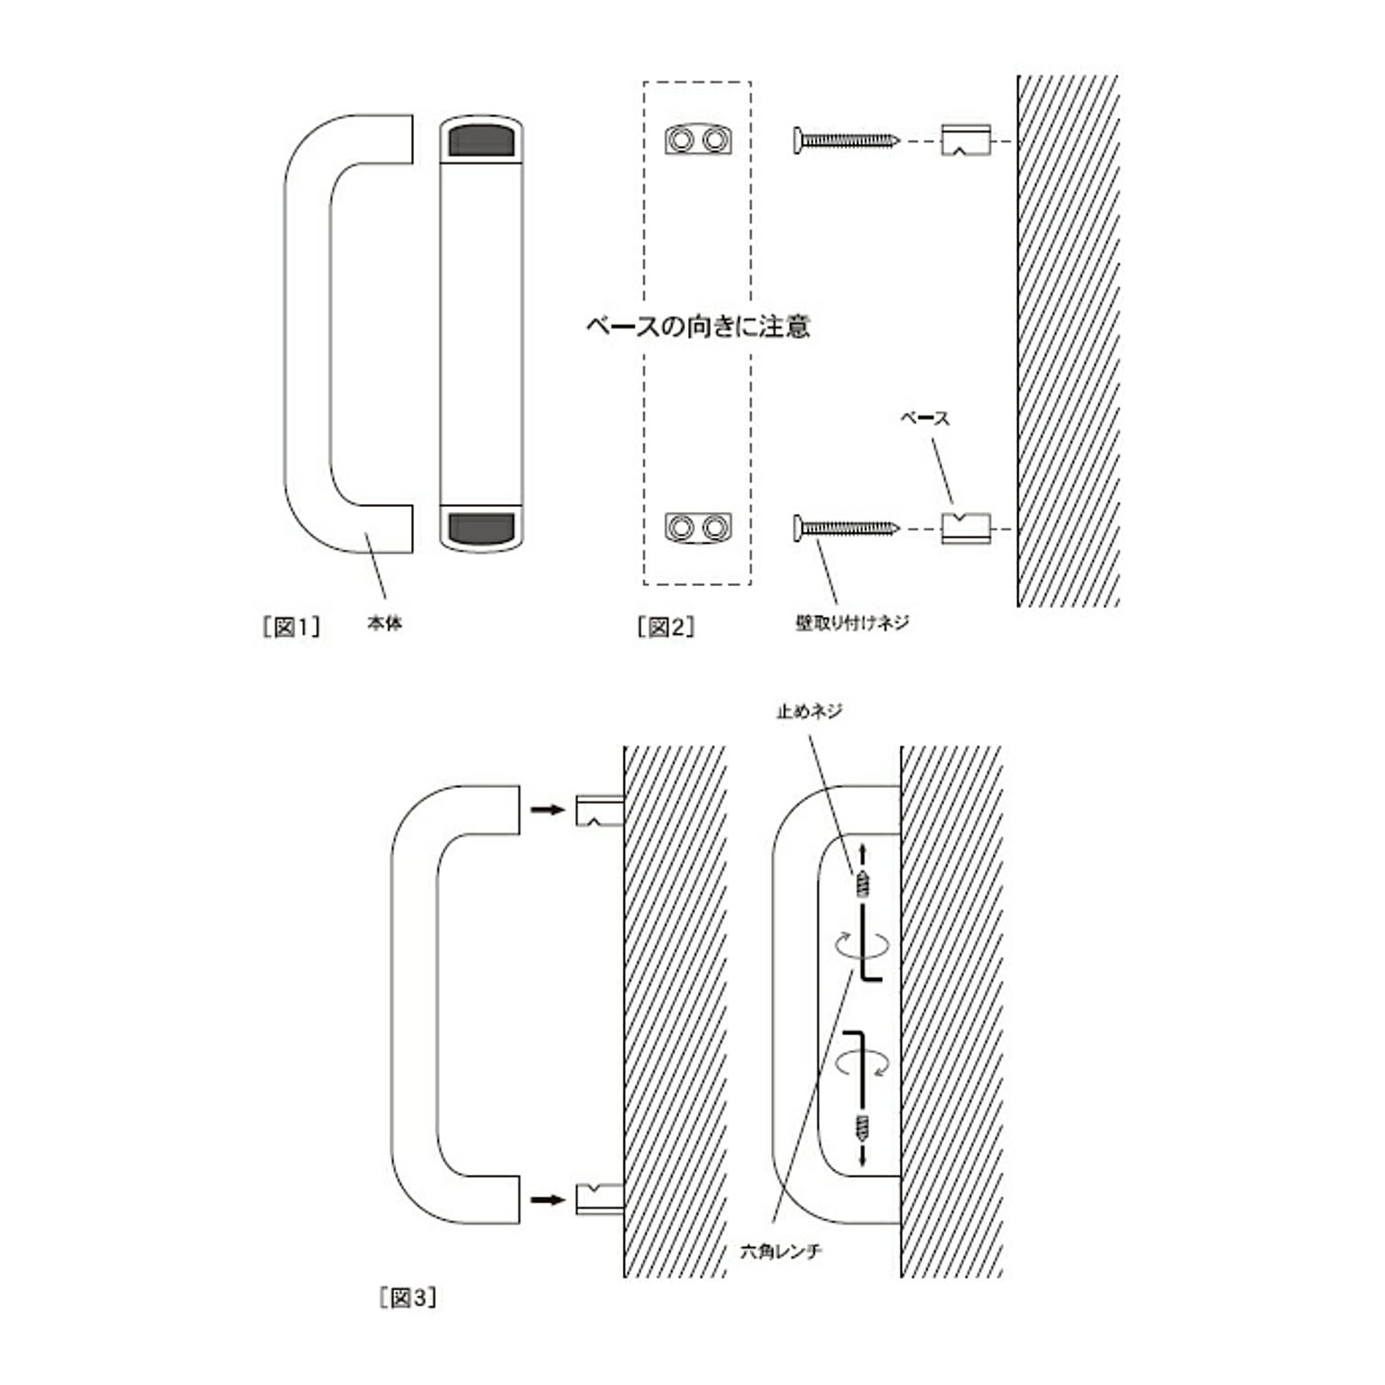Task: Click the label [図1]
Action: (290, 627)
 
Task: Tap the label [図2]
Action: (665, 627)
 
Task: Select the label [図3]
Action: (408, 1298)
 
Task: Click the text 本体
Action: (385, 623)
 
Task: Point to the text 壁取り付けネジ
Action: (852, 622)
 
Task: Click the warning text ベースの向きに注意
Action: (698, 326)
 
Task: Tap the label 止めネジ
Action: (810, 711)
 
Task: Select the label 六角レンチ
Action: (781, 1252)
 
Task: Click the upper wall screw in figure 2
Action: (847, 141)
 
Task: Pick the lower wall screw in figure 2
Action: (847, 527)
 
